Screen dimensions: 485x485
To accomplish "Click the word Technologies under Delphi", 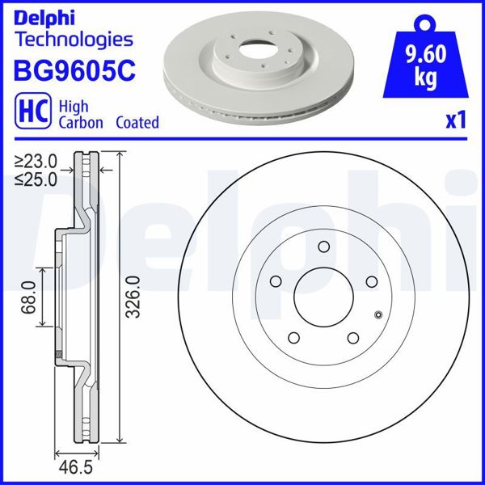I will click(74, 39).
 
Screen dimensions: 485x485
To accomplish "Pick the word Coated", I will click(137, 123).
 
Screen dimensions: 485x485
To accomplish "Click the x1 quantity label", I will click(457, 120).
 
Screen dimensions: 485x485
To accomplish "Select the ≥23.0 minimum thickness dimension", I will click(36, 161).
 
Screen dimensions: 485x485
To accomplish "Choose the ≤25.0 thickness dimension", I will click(36, 179).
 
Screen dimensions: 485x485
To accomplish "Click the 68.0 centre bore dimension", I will click(30, 298).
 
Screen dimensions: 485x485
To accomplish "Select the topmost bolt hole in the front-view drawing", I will click(323, 247).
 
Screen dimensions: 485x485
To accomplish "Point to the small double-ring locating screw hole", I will click(378, 314).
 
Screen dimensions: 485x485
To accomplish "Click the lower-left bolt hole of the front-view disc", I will click(294, 338).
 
